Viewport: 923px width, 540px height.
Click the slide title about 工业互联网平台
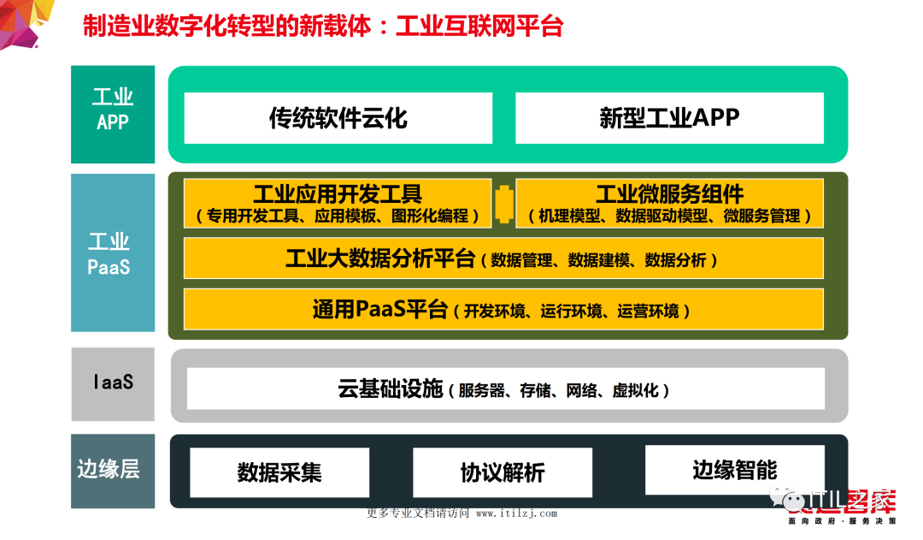(x=323, y=26)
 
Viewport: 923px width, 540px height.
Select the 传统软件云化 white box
(x=338, y=118)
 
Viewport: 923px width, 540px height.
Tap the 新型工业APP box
(x=669, y=118)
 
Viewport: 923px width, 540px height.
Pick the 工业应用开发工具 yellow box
(x=338, y=204)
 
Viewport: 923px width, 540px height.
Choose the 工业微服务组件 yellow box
(x=669, y=204)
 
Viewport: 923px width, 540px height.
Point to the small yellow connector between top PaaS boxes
(x=503, y=204)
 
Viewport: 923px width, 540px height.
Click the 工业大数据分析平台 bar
(x=503, y=258)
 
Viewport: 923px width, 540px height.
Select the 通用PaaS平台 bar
(x=503, y=310)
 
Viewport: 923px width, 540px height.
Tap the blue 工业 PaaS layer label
(x=113, y=253)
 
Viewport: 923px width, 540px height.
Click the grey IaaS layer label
(x=113, y=383)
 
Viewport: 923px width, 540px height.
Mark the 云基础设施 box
(x=503, y=389)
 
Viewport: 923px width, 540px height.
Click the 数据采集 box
(x=279, y=472)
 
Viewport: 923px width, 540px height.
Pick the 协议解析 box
(x=503, y=472)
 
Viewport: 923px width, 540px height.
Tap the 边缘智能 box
(x=734, y=470)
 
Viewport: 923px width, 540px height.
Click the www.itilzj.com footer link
(x=516, y=513)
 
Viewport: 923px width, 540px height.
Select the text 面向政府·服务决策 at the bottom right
(x=841, y=520)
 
